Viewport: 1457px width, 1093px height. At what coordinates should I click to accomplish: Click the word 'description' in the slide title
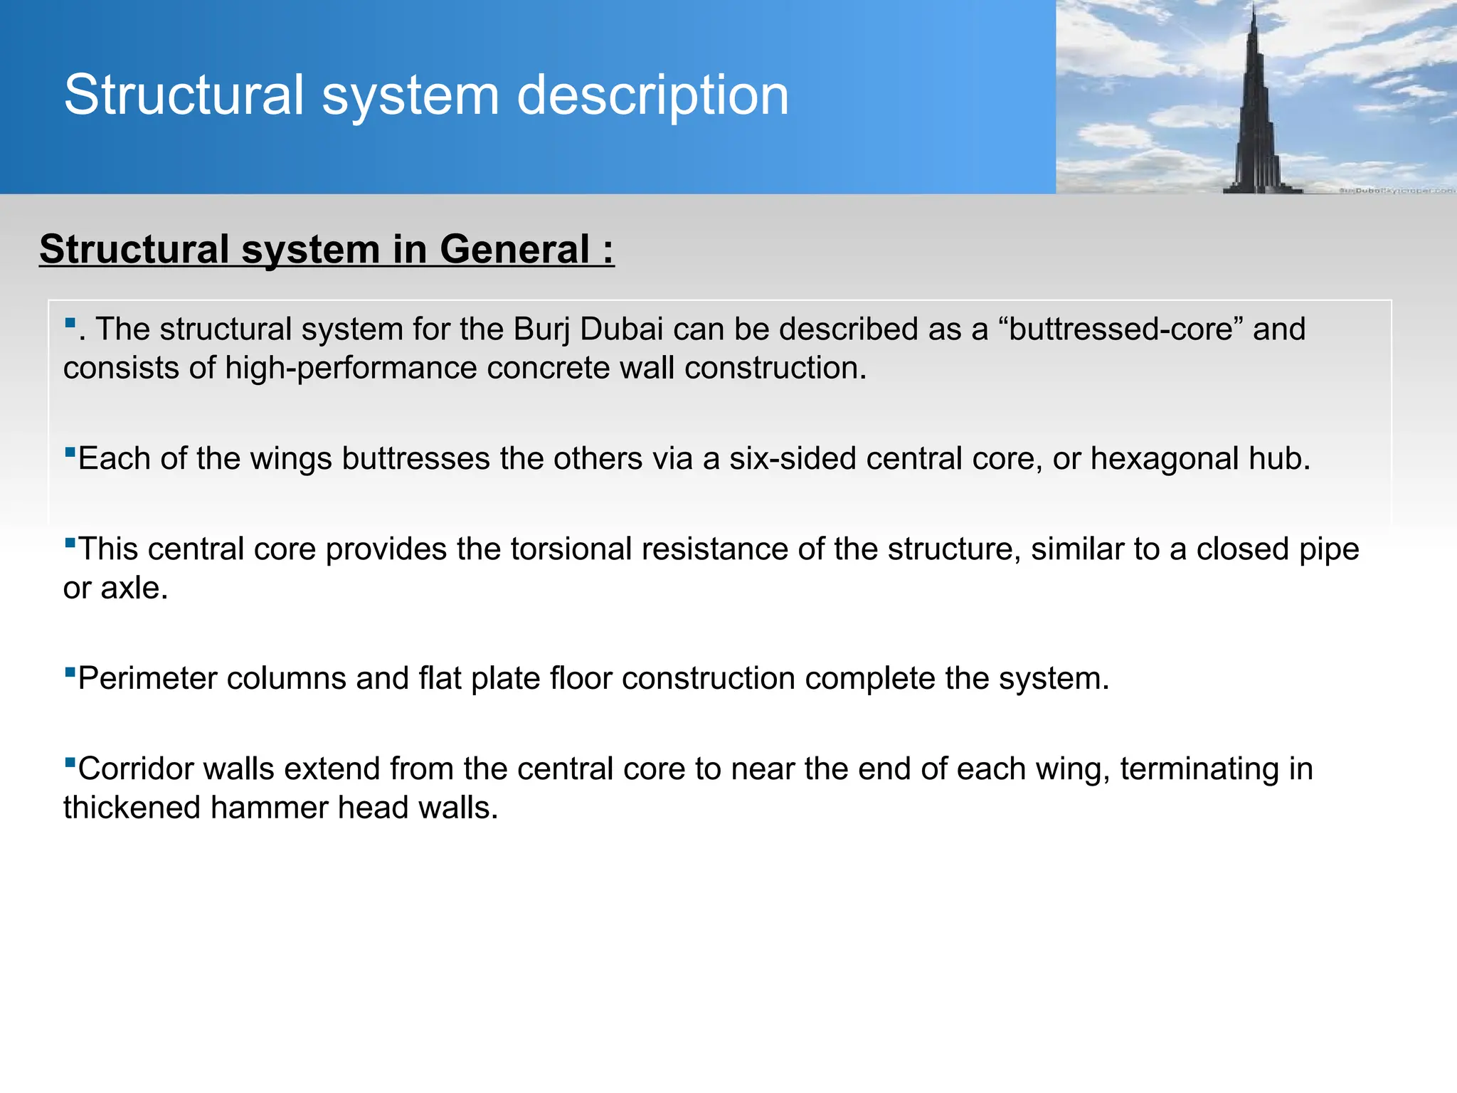point(652,95)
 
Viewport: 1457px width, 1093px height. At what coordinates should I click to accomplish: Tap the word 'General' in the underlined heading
point(514,250)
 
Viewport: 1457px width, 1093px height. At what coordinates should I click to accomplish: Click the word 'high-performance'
point(355,369)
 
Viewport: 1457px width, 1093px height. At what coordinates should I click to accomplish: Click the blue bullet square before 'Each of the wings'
point(70,451)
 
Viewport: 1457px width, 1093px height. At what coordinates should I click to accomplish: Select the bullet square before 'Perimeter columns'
point(70,671)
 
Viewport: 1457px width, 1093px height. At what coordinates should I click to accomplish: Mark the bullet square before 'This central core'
point(70,542)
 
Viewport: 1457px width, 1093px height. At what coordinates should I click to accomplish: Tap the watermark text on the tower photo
point(1396,190)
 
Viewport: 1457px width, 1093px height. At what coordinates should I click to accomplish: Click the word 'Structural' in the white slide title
point(184,95)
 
